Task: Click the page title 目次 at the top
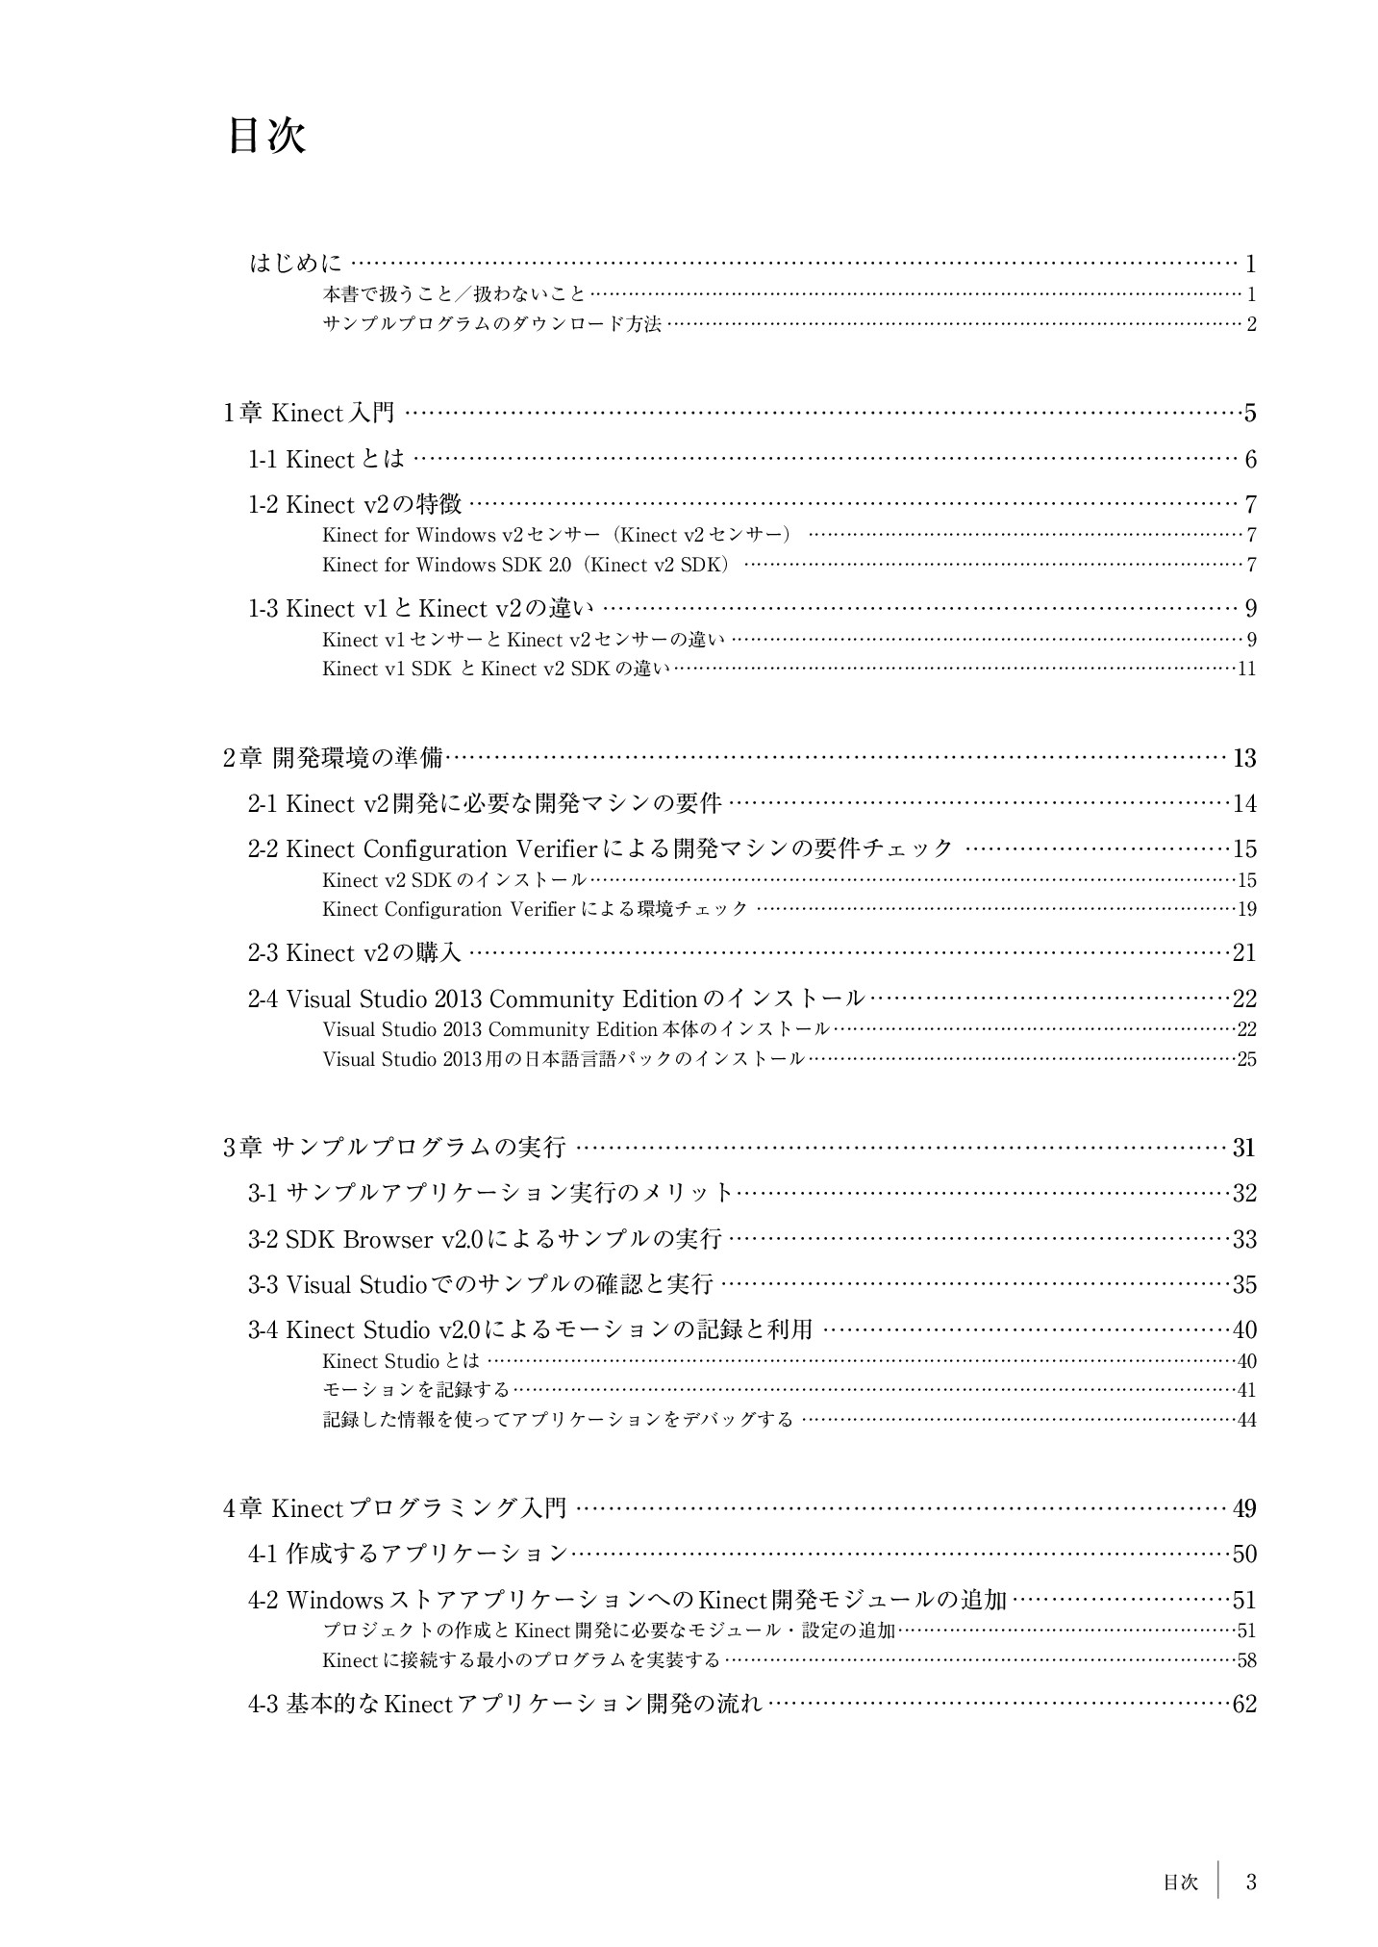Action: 266,137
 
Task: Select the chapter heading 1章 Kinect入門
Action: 309,413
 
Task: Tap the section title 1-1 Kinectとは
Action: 327,459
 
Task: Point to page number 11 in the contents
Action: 1246,669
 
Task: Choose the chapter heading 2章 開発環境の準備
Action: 333,758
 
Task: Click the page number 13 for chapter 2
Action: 1244,758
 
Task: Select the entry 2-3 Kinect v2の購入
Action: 355,952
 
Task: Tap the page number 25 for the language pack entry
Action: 1246,1059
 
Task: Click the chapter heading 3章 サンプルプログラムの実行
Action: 394,1147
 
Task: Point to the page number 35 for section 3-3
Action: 1244,1284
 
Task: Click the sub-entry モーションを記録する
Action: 415,1389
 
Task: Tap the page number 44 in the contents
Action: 1246,1419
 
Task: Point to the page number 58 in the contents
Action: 1246,1659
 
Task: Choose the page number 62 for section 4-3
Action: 1244,1705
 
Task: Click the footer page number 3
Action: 1251,1883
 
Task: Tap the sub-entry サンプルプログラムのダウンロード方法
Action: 491,324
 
